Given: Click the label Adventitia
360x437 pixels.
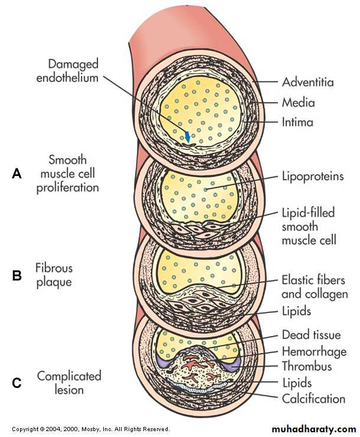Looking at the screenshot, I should click(307, 82).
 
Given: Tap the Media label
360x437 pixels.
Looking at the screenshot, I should click(298, 103).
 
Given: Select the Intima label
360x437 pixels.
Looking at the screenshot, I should click(297, 123).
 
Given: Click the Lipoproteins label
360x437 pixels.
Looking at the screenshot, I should click(312, 176).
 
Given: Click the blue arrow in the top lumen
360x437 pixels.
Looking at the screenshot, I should click(188, 136).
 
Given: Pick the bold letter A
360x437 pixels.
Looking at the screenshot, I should click(17, 174).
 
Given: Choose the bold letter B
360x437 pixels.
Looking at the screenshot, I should click(17, 275).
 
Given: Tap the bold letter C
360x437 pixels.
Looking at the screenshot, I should click(17, 383).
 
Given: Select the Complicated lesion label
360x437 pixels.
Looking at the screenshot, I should click(69, 383).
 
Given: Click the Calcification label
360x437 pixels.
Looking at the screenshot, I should click(313, 399).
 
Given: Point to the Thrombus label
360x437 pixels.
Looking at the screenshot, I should click(306, 366).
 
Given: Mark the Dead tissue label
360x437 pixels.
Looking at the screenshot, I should click(311, 335).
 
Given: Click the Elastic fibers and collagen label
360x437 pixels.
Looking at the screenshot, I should click(315, 286).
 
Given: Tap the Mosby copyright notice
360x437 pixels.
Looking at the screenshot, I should click(90, 429).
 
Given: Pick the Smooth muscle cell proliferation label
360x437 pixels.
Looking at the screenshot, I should click(67, 174).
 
